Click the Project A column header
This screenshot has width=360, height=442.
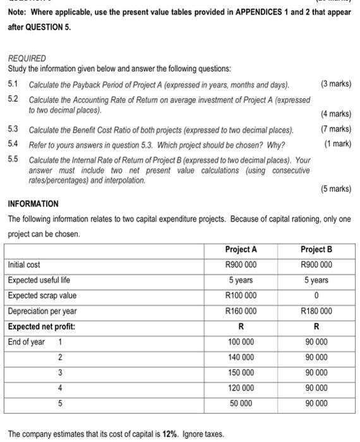coord(241,249)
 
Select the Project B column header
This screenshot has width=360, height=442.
coord(316,249)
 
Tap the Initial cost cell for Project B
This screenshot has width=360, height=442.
coord(316,265)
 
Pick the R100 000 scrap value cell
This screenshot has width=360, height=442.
coord(241,296)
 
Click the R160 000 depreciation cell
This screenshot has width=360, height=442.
coord(241,311)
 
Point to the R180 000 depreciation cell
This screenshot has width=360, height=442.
coord(316,311)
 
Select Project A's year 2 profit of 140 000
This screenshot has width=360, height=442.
coord(241,357)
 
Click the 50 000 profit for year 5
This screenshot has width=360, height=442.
coord(241,403)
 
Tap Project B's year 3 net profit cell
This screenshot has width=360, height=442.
coord(316,373)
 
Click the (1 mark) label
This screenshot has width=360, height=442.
coord(337,143)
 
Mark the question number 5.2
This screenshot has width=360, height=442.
coord(13,99)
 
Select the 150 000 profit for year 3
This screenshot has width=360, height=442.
coord(241,373)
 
